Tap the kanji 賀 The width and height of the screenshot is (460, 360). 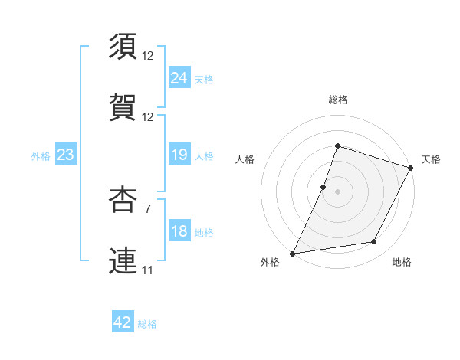(123, 108)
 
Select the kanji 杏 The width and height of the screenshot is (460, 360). (123, 199)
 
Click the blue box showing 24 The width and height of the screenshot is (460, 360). (179, 78)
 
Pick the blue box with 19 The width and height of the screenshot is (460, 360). (179, 155)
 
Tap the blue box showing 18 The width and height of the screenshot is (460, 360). (179, 231)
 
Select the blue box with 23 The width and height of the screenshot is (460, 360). (65, 155)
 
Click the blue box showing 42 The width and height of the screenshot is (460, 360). (123, 322)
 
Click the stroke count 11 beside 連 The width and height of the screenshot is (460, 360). (147, 270)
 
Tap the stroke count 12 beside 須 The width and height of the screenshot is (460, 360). (147, 56)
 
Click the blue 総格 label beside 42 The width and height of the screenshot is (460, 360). (148, 324)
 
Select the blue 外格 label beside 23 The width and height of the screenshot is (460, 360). (41, 155)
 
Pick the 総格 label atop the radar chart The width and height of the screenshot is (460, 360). (338, 100)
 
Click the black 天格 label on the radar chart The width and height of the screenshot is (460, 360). (431, 159)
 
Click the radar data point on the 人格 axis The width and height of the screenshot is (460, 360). (324, 186)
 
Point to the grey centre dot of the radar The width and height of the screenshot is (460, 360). (338, 191)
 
